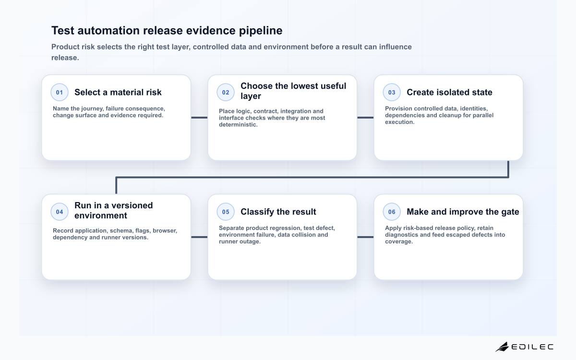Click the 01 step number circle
click(60, 92)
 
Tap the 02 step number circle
click(226, 92)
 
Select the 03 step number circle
click(392, 92)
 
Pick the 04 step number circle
click(60, 212)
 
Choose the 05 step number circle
click(226, 212)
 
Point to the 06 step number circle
click(392, 212)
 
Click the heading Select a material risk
click(118, 92)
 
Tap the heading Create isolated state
click(449, 92)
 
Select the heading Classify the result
click(278, 212)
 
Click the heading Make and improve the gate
click(463, 212)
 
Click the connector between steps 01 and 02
click(199, 118)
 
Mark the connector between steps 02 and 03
click(365, 118)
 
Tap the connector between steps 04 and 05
click(199, 237)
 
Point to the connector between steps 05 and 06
click(365, 237)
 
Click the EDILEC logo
click(524, 347)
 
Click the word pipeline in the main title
click(261, 31)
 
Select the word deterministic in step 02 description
click(238, 125)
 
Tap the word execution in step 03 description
click(399, 122)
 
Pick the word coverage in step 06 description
click(399, 242)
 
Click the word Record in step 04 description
click(62, 231)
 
